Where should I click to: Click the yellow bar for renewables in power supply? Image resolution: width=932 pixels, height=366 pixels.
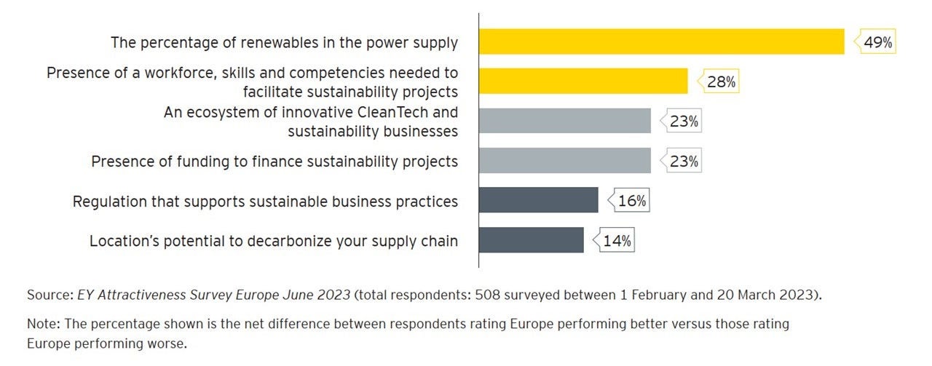pyautogui.click(x=661, y=41)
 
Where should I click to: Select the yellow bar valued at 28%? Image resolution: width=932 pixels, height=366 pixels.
pyautogui.click(x=582, y=81)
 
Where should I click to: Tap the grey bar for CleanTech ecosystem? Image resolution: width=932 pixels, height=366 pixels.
pyautogui.click(x=564, y=121)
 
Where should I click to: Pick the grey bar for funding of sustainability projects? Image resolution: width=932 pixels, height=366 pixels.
pyautogui.click(x=564, y=161)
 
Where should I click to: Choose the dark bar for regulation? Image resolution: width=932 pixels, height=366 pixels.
pyautogui.click(x=538, y=201)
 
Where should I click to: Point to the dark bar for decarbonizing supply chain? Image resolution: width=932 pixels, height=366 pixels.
pyautogui.click(x=531, y=240)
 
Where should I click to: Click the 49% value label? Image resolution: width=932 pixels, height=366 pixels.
pyautogui.click(x=877, y=42)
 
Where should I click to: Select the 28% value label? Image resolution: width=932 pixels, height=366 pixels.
pyautogui.click(x=721, y=82)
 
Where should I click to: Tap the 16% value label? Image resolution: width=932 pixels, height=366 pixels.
pyautogui.click(x=631, y=201)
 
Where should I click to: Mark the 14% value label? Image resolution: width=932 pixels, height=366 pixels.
pyautogui.click(x=617, y=241)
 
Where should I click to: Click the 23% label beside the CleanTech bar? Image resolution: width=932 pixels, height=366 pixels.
pyautogui.click(x=684, y=122)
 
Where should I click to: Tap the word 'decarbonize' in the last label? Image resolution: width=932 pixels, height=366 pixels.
pyautogui.click(x=269, y=240)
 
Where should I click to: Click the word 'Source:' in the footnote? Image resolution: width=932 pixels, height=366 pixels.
pyautogui.click(x=50, y=295)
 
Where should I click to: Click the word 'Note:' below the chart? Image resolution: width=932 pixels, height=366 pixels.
pyautogui.click(x=43, y=322)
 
